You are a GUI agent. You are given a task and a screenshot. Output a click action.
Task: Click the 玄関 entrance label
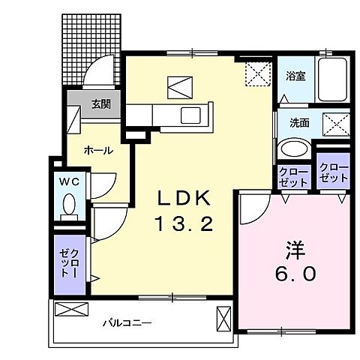(x=101, y=103)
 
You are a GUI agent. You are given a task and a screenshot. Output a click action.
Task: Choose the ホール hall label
(x=98, y=151)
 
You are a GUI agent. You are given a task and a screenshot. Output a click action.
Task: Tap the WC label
(x=70, y=181)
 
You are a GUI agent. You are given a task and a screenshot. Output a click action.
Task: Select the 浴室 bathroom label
(x=295, y=76)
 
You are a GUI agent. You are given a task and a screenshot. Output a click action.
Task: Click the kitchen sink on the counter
(x=190, y=116)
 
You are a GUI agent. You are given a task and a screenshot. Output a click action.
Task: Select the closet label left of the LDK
(x=71, y=264)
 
